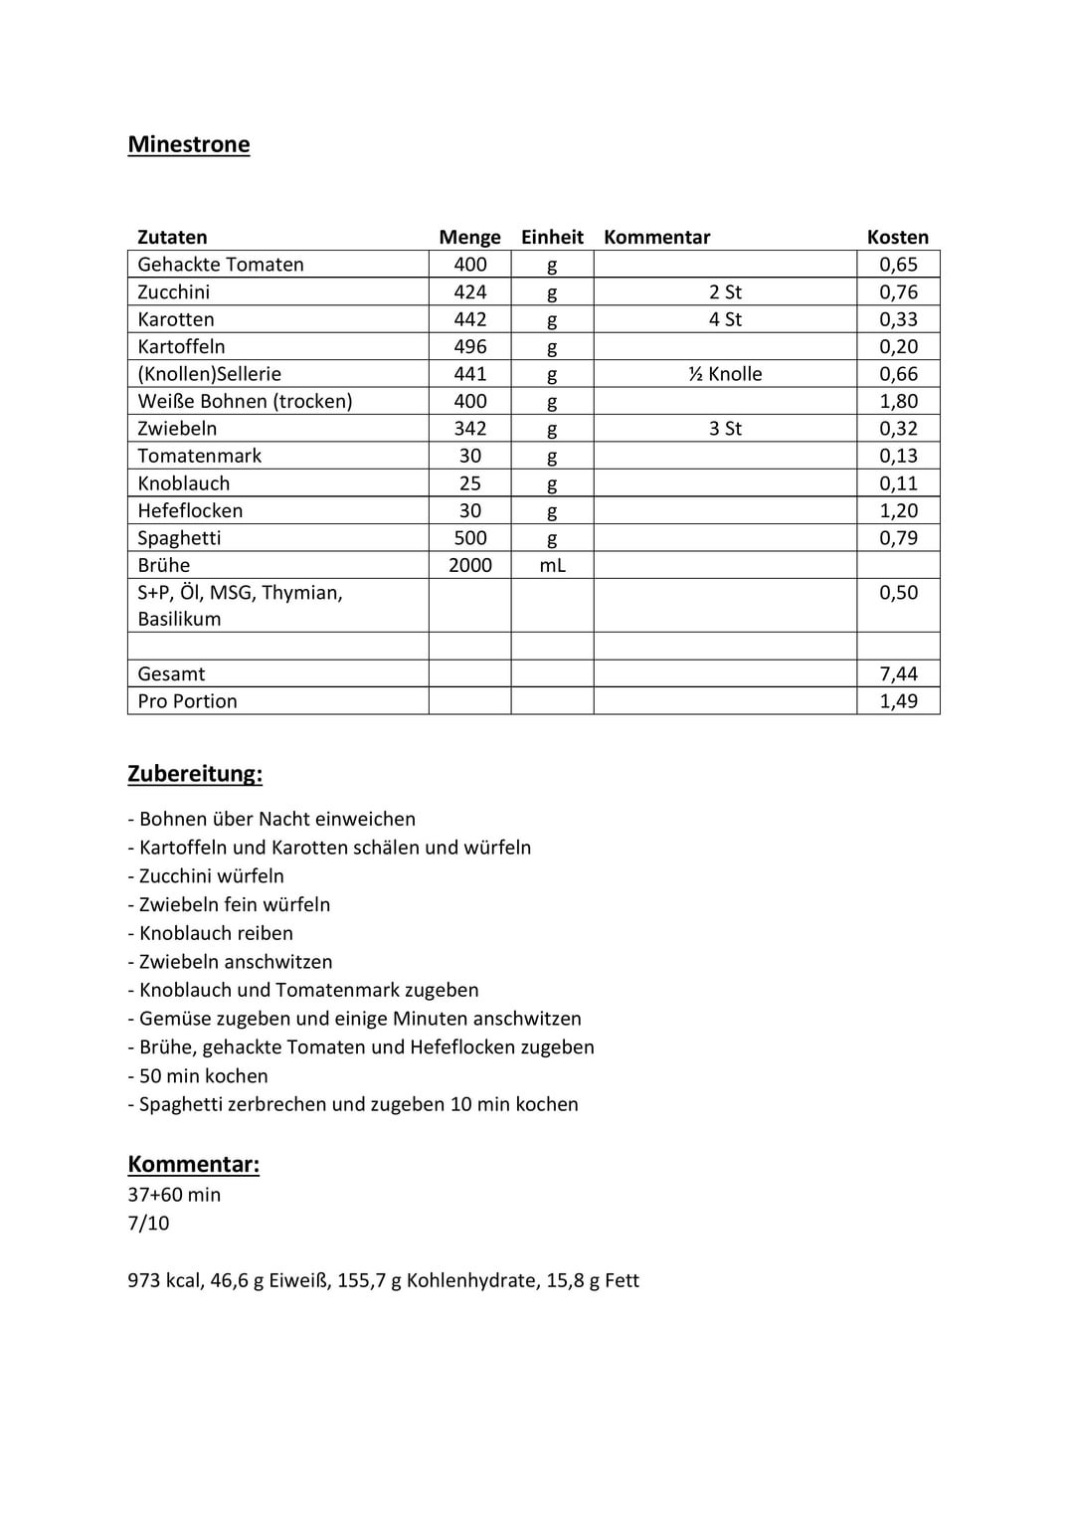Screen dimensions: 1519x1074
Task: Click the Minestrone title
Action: tap(189, 144)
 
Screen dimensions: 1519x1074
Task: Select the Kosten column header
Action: tap(897, 237)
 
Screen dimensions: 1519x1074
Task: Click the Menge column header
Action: tap(469, 237)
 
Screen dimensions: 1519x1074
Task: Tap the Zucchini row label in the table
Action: tap(174, 291)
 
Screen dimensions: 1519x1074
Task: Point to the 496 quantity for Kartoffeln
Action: tap(469, 346)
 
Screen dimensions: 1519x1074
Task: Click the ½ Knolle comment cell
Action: tap(725, 374)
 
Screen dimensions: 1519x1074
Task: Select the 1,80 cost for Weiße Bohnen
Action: tap(898, 401)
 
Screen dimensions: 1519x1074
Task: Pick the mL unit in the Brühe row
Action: tap(552, 565)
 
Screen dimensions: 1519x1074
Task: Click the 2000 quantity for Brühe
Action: tap(469, 565)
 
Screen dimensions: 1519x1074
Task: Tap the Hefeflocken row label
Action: tap(190, 510)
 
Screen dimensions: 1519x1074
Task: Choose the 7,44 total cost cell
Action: tap(898, 673)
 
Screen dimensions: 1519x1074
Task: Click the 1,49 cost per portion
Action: tap(898, 701)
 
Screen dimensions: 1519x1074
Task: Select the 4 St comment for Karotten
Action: tap(725, 319)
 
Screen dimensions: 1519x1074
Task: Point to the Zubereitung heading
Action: tap(195, 774)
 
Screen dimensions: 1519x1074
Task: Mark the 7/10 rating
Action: tap(148, 1223)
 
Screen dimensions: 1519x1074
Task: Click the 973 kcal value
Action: tap(164, 1280)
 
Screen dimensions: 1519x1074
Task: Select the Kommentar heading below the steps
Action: tap(193, 1165)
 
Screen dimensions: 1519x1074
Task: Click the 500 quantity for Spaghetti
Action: tap(469, 538)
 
